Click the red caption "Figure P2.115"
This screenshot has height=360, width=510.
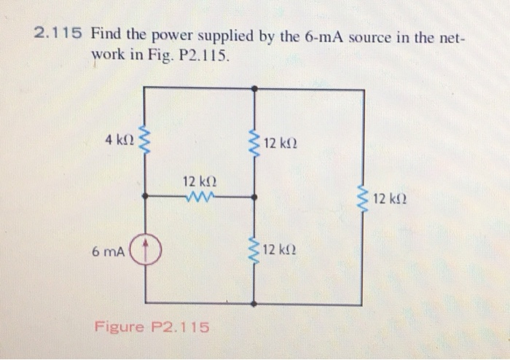(152, 326)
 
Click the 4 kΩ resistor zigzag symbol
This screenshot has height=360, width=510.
(145, 139)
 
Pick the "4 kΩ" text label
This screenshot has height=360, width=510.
(118, 139)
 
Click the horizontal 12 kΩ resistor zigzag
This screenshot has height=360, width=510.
(198, 196)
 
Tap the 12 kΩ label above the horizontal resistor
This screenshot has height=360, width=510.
(199, 181)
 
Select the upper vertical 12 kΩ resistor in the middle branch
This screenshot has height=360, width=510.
(253, 142)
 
